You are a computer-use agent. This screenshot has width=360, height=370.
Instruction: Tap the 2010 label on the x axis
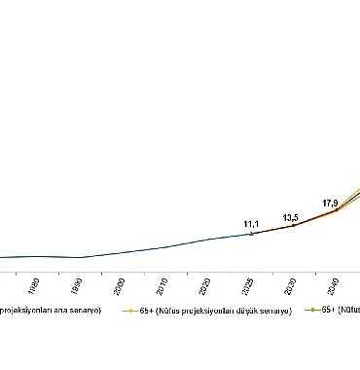tap(162, 287)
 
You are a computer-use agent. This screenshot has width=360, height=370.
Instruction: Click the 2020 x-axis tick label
tap(205, 287)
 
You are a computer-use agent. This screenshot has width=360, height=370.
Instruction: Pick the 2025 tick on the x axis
tap(250, 287)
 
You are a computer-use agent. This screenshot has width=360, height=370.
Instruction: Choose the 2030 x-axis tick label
tap(292, 287)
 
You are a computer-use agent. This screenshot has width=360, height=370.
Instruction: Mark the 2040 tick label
tap(335, 287)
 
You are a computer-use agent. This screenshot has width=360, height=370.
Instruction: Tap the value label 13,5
tap(291, 217)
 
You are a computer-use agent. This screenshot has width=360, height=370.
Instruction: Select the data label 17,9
tap(331, 203)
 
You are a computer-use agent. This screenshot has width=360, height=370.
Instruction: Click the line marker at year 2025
tap(251, 234)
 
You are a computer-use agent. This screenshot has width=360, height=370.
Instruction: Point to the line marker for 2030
tap(294, 226)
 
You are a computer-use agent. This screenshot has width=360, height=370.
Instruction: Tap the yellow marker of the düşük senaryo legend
tap(128, 312)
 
